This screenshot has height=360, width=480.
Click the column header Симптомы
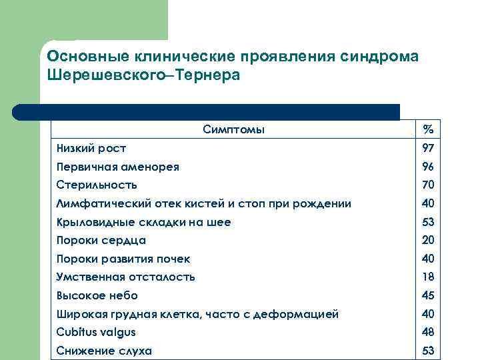coord(233,129)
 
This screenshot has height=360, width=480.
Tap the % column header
coord(428,129)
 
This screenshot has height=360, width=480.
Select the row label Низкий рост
coord(91,148)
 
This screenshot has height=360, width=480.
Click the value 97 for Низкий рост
coord(428,148)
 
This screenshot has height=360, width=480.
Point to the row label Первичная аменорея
coord(117,167)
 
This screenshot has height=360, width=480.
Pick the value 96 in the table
coord(428,167)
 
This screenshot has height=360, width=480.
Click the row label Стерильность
coord(97,185)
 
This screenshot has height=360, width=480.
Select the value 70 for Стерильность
coord(428,185)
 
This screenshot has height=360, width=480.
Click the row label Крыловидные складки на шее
coord(143,222)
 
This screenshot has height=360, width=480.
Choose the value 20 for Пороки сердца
coord(428,240)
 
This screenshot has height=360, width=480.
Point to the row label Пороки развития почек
coord(123,259)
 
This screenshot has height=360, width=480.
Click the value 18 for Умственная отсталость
coord(428,277)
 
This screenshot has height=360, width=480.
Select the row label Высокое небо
coord(97,295)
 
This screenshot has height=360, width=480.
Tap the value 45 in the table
coord(428,295)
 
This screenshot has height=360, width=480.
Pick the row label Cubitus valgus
coord(96,332)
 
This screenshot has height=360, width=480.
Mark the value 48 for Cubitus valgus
coord(428,332)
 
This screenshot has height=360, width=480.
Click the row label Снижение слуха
coord(103,351)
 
